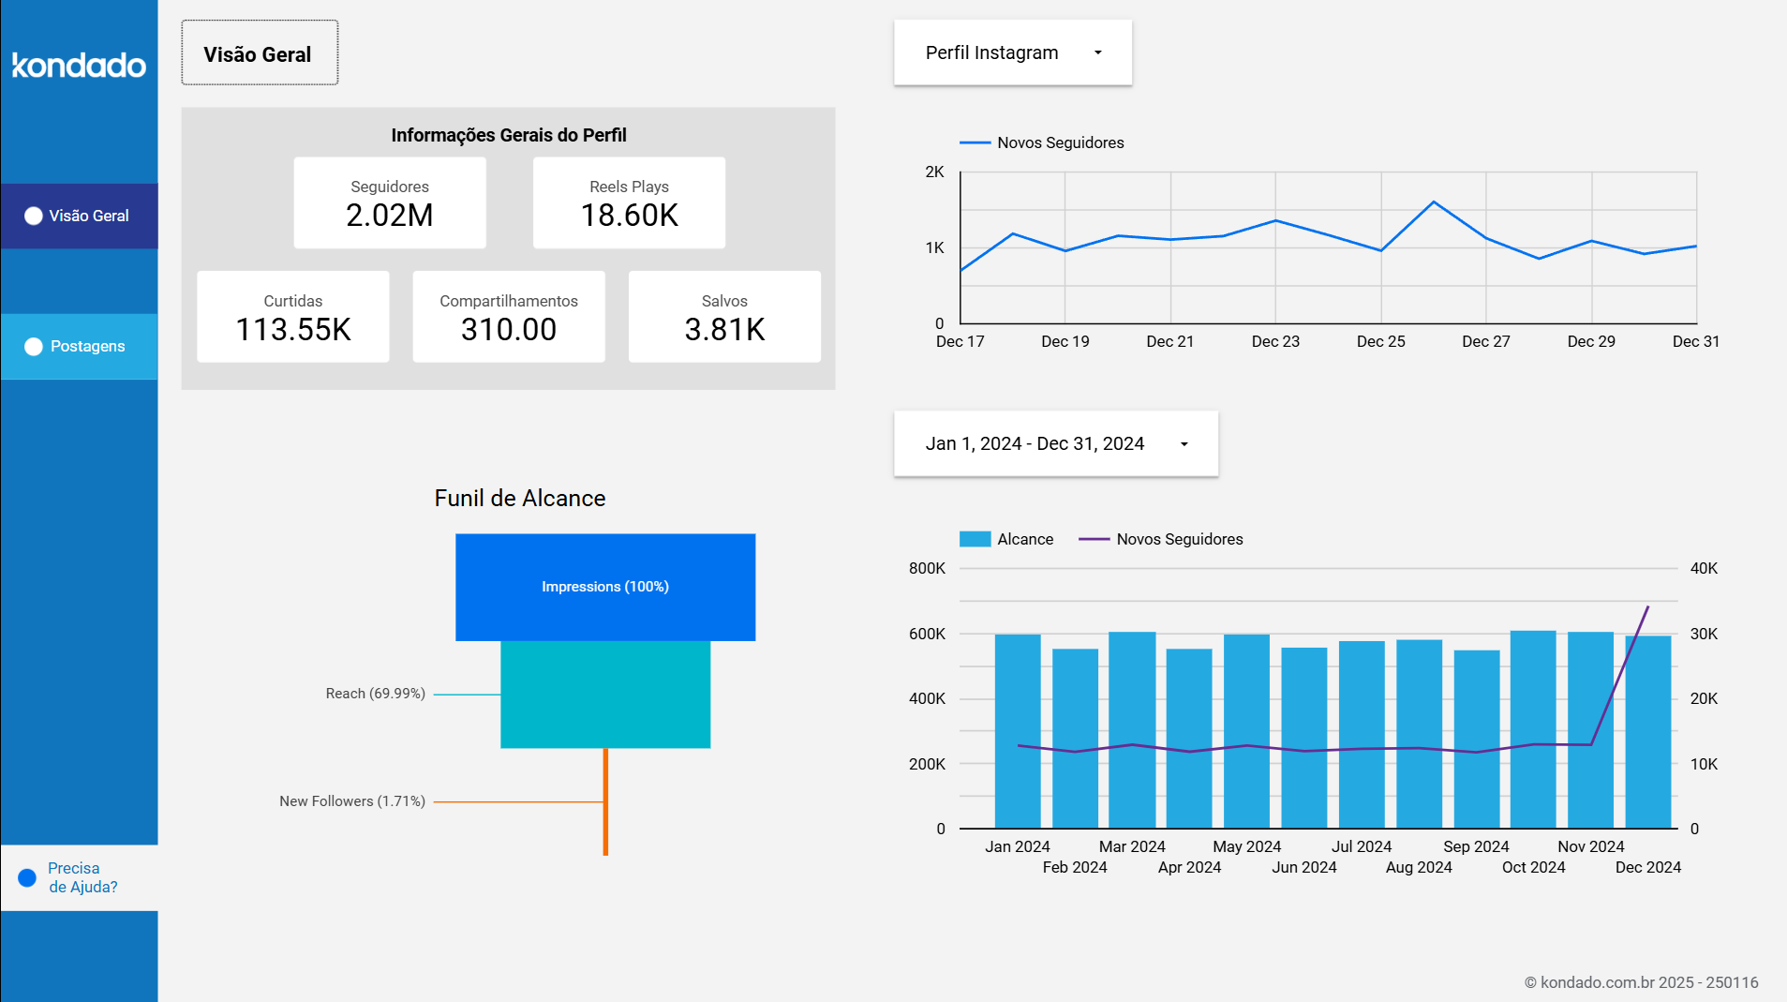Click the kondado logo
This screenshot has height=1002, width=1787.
[79, 66]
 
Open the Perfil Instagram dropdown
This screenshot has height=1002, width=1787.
[1012, 52]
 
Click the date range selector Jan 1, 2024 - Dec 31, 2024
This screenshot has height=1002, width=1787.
[1055, 443]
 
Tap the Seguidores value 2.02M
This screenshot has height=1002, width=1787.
[389, 216]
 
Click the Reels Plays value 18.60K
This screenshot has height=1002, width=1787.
[629, 216]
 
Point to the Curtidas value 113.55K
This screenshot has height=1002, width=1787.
[293, 330]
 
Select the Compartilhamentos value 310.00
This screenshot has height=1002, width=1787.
[509, 330]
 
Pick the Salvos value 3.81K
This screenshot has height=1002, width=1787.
[724, 330]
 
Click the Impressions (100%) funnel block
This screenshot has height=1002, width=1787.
[605, 587]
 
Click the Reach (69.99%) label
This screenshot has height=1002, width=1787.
[376, 694]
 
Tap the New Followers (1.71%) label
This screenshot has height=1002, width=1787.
[352, 801]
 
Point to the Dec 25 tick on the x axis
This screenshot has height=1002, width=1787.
[1380, 341]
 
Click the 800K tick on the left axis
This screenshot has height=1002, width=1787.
[927, 568]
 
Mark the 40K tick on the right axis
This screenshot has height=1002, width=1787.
[1704, 568]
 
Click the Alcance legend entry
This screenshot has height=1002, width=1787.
[1007, 539]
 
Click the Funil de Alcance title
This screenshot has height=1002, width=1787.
[520, 498]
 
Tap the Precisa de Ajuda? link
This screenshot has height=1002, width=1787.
[82, 877]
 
